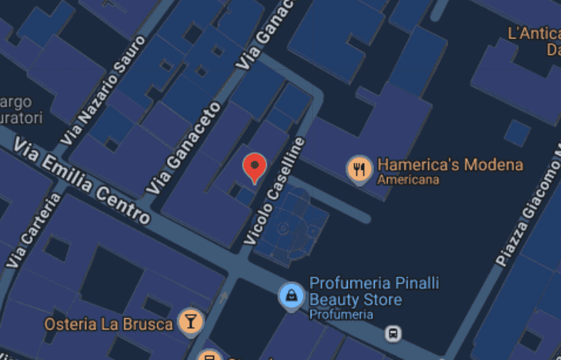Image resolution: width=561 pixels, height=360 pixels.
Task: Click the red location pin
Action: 255,166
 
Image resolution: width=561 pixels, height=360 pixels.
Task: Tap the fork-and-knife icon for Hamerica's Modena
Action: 360,169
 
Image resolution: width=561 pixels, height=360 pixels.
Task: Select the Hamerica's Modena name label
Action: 450,165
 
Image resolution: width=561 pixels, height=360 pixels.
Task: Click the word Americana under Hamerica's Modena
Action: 407,180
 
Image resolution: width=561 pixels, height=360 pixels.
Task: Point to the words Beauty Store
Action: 355,300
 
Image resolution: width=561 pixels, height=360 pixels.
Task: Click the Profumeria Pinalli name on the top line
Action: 374,283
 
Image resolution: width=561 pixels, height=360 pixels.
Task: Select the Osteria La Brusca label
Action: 109,324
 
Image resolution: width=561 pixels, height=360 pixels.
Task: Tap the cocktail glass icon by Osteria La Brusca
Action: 190,322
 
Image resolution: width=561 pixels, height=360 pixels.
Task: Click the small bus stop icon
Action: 392,333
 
